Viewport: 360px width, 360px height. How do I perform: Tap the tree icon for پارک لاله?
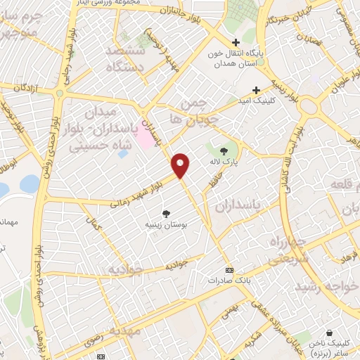click(224, 150)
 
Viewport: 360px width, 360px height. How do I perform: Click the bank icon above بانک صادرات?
click(229, 270)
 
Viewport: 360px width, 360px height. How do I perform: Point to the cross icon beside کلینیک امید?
click(256, 90)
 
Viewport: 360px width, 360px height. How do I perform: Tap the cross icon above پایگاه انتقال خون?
click(236, 41)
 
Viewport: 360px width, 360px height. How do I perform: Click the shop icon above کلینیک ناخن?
click(328, 333)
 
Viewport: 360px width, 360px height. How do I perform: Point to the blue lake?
click(29, 184)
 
